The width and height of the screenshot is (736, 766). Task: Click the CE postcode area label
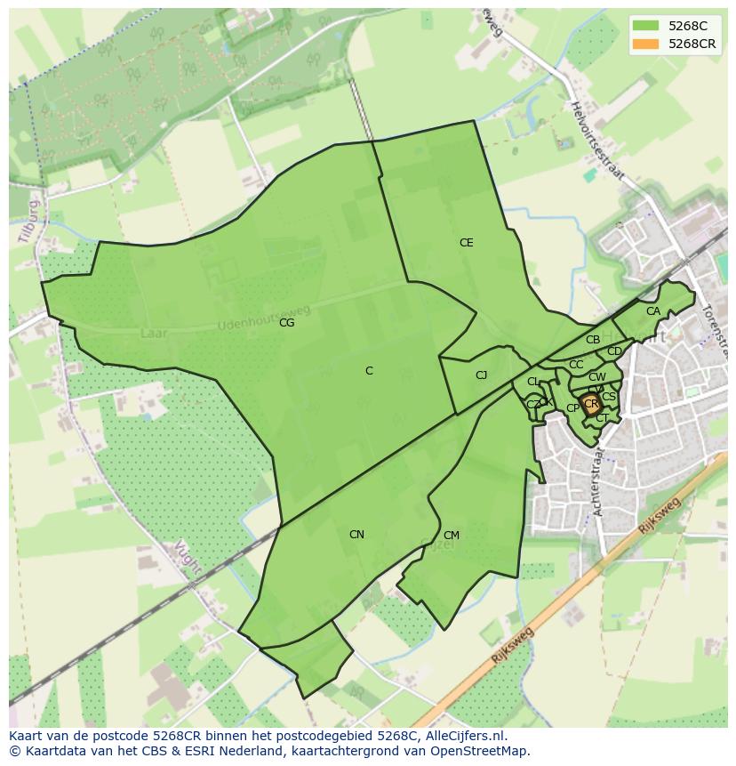pyautogui.click(x=466, y=243)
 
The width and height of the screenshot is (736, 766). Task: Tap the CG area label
pyautogui.click(x=286, y=323)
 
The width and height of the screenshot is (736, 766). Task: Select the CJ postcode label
pyautogui.click(x=481, y=375)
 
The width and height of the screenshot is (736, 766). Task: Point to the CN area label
pyautogui.click(x=356, y=535)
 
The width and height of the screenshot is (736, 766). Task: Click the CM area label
pyautogui.click(x=451, y=536)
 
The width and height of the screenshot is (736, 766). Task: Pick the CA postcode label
pyautogui.click(x=653, y=311)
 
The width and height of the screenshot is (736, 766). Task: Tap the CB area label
pyautogui.click(x=593, y=340)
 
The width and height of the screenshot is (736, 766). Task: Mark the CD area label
pyautogui.click(x=614, y=351)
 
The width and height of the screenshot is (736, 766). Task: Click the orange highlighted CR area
pyautogui.click(x=591, y=405)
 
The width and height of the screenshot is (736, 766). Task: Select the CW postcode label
pyautogui.click(x=597, y=377)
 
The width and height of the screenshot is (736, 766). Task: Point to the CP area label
pyautogui.click(x=572, y=408)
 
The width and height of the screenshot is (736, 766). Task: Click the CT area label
pyautogui.click(x=602, y=418)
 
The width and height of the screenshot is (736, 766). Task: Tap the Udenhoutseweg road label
pyautogui.click(x=264, y=318)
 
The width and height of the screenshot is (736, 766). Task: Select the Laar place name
pyautogui.click(x=153, y=333)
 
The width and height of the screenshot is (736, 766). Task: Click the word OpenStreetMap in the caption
pyautogui.click(x=479, y=751)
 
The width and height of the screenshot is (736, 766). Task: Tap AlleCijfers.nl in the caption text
pyautogui.click(x=464, y=736)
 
